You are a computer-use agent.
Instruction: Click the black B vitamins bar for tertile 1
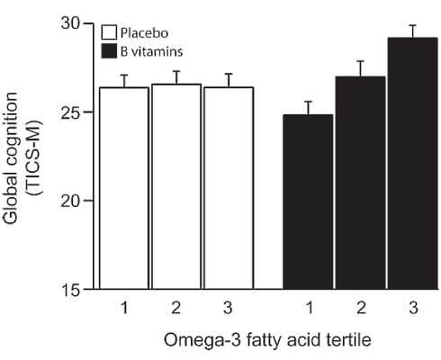click(x=308, y=202)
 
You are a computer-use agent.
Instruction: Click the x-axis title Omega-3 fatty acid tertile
click(x=268, y=342)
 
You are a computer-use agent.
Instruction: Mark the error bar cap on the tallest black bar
click(x=411, y=26)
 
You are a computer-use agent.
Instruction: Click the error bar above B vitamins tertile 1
click(x=308, y=107)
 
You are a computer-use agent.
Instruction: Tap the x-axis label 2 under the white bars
click(x=175, y=308)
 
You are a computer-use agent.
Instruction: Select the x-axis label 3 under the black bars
click(x=411, y=308)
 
